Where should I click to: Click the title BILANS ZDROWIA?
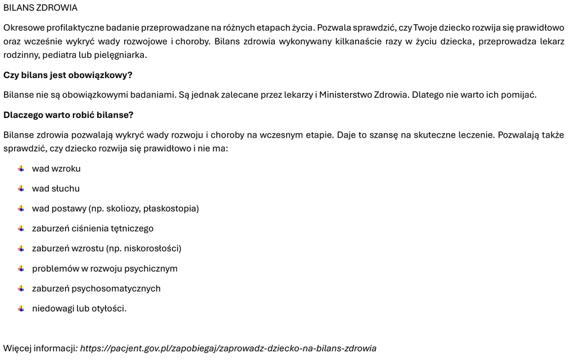(x=40, y=8)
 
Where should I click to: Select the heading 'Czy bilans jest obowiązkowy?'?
(x=68, y=75)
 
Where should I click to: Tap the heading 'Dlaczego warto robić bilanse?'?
(x=68, y=115)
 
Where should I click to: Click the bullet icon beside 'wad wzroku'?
(x=21, y=168)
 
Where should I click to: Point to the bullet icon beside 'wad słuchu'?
(x=21, y=189)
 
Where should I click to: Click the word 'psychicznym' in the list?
(x=151, y=268)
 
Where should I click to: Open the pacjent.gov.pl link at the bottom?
(x=228, y=348)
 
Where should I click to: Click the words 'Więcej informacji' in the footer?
(x=39, y=348)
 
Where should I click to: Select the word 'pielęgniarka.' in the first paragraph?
(x=122, y=54)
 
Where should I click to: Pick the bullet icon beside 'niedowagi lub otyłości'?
(x=21, y=308)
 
